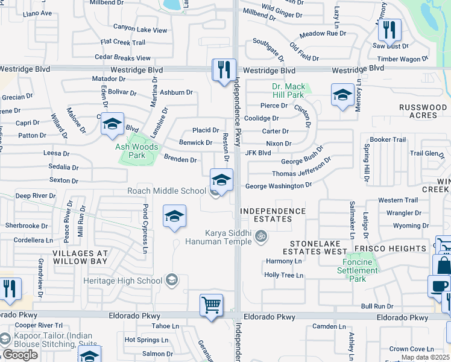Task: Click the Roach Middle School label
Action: pos(166,191)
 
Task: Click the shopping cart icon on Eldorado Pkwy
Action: pos(212,304)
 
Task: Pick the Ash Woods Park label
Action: pos(137,151)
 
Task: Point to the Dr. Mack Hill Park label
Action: pos(288,91)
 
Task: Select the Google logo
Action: pos(20,354)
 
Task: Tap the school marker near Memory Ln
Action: pos(342,94)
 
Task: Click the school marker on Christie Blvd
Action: pos(112,124)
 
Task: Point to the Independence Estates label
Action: pos(273,215)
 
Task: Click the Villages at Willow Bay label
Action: pos(80,258)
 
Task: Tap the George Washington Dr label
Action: pos(278,186)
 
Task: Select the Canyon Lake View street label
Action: pos(140,30)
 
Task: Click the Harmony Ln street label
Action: pos(283,262)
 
